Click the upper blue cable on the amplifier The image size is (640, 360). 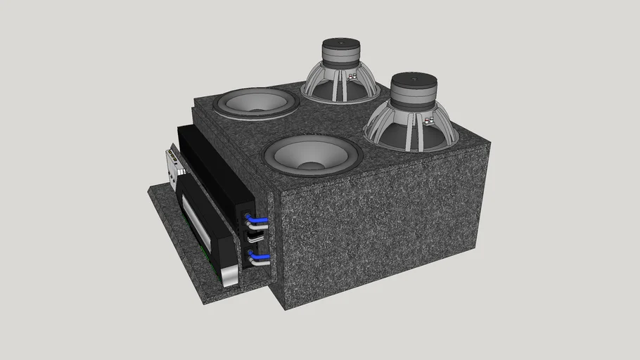click(x=257, y=221)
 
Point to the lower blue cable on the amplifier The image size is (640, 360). click(x=259, y=259)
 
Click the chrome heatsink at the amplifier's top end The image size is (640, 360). click(x=174, y=163)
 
